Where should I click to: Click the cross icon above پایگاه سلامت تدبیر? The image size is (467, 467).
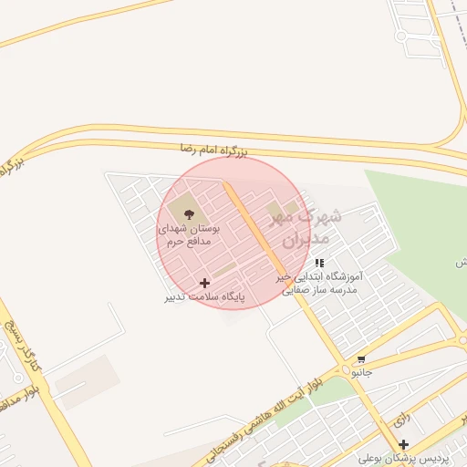click(x=203, y=284)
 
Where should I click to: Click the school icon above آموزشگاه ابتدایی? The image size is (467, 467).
click(x=319, y=263)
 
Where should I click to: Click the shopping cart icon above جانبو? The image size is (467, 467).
click(x=362, y=358)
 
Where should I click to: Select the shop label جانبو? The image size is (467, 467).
click(x=362, y=372)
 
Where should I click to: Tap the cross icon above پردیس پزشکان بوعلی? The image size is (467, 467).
click(x=403, y=444)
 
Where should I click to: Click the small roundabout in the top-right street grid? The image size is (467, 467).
click(x=400, y=36)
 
